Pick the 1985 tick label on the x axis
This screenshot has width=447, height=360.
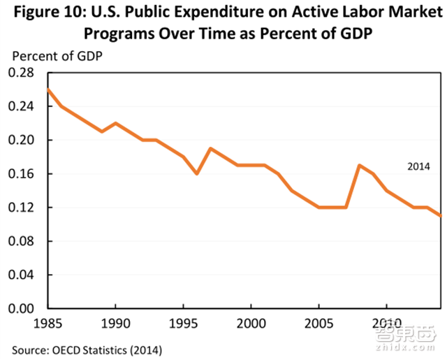46,324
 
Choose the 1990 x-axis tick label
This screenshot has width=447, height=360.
115,324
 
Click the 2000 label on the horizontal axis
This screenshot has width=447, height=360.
251,324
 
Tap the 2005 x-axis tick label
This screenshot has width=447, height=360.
318,324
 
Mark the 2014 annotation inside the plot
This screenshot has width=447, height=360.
420,166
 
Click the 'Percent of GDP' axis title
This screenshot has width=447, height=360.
55,56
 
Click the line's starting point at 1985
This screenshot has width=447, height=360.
47,89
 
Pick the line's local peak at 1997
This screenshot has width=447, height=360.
210,148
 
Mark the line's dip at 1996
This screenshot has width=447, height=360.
196,173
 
